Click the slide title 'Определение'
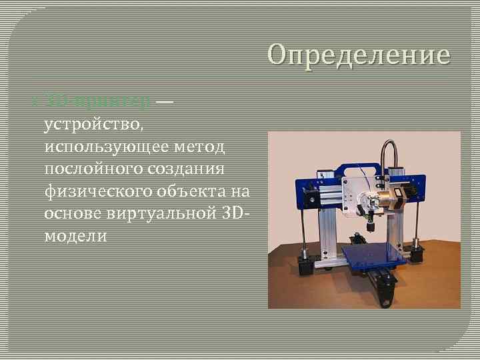359,54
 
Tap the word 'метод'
208,146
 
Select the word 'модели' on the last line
75,236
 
